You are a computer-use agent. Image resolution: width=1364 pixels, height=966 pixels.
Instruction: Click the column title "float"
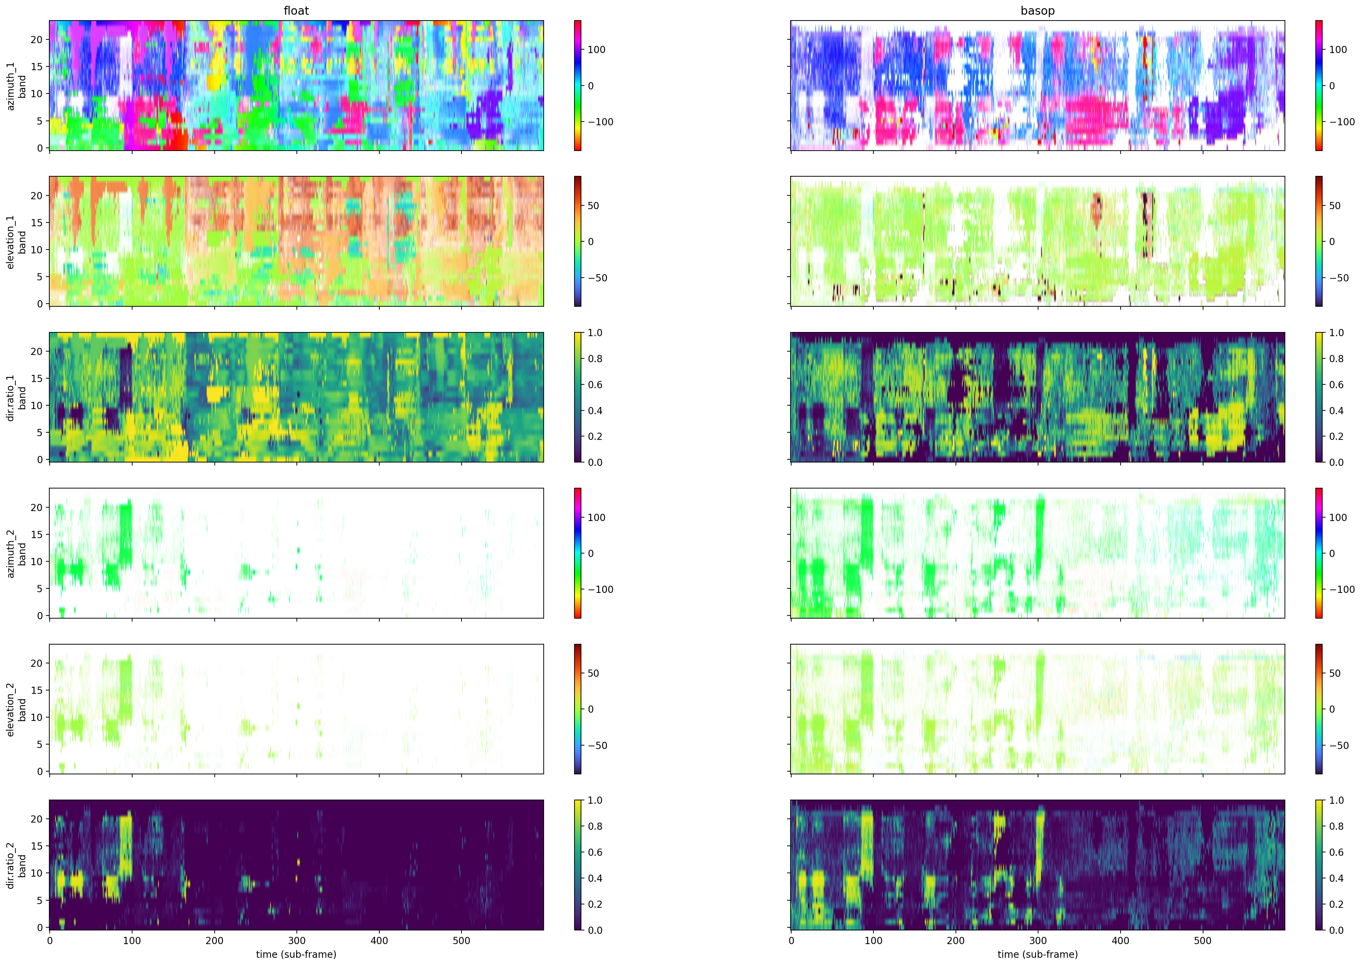coord(296,11)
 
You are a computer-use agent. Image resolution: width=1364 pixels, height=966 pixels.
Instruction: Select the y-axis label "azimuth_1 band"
coord(17,86)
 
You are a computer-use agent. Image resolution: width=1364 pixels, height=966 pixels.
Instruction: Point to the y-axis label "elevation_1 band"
coord(17,242)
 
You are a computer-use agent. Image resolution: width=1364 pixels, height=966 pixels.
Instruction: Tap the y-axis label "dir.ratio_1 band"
coord(17,397)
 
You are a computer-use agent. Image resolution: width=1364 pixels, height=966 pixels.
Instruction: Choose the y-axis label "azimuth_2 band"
coord(17,553)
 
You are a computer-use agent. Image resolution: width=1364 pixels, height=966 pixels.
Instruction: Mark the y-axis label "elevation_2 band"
coord(17,709)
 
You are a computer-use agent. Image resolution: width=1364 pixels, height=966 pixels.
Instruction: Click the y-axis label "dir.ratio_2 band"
coord(17,865)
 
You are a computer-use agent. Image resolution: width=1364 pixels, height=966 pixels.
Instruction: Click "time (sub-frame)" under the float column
coord(296,954)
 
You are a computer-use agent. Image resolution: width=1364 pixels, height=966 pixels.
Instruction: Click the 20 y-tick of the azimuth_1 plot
coord(37,39)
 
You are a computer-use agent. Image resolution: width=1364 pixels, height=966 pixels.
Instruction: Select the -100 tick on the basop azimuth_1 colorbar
coord(1341,122)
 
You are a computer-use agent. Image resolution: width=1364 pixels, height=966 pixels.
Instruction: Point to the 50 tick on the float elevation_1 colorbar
coord(593,206)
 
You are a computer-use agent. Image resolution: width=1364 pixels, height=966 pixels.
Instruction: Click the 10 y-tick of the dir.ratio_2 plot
coord(37,873)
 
